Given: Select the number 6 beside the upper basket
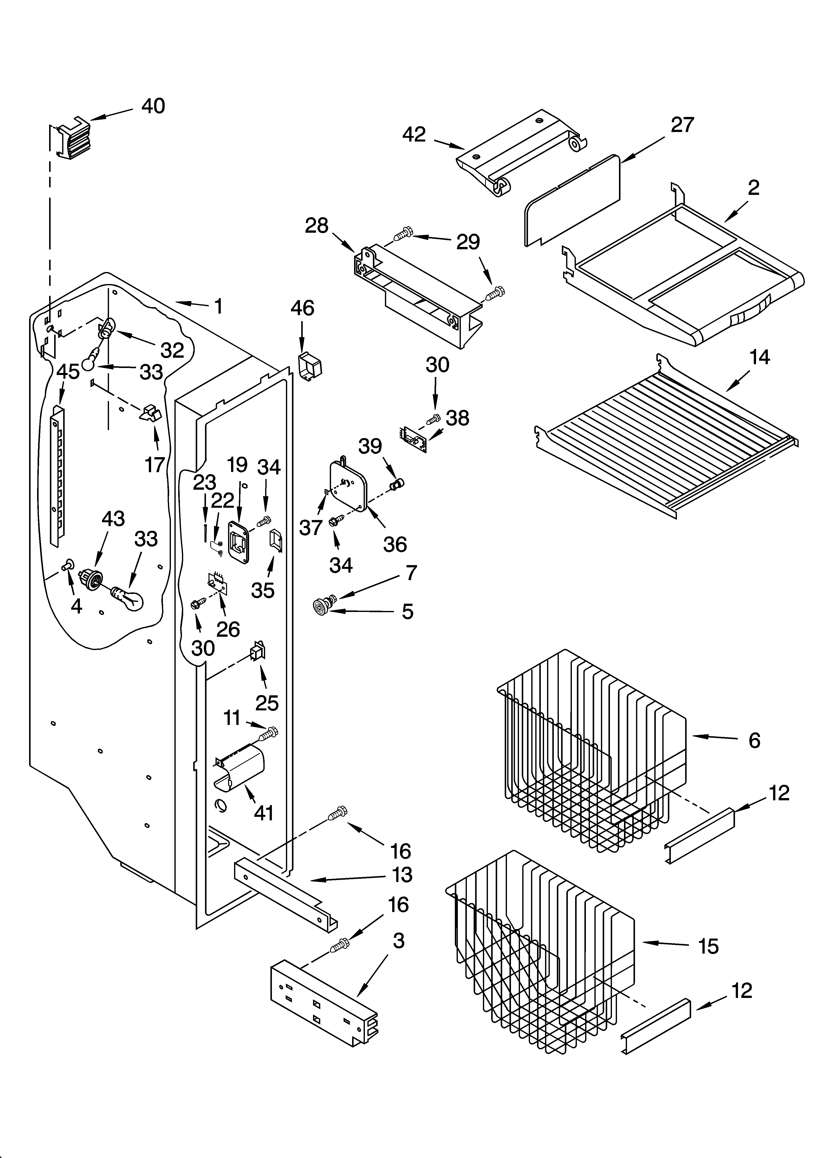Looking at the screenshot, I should (754, 740).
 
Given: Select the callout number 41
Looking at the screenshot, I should (264, 812).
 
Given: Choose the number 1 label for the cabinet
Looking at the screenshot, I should (218, 306).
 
